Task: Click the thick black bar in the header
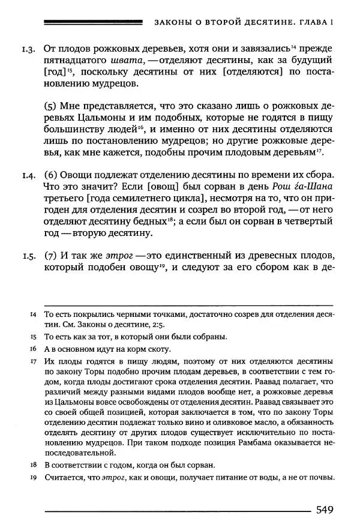[x=94, y=23]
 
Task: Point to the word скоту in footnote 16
[x=158, y=349]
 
